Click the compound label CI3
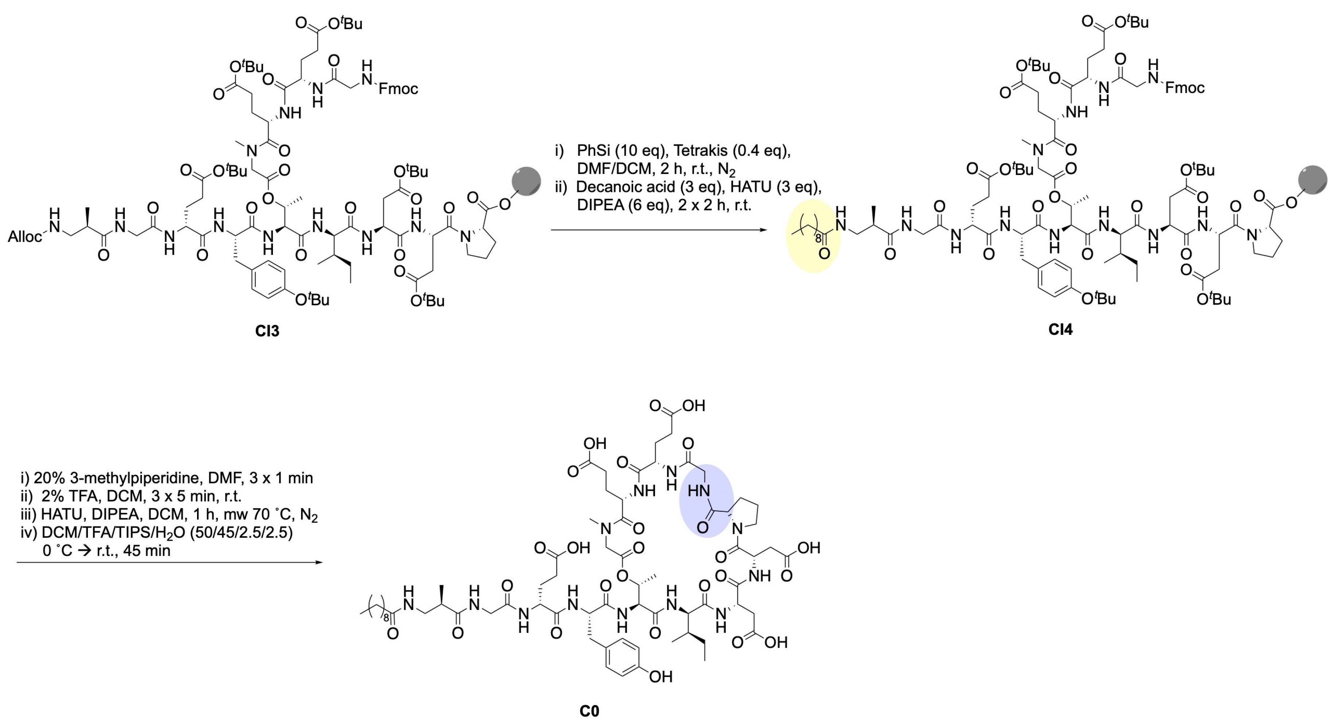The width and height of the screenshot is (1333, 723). pos(267,330)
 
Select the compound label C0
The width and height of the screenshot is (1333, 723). pos(589,711)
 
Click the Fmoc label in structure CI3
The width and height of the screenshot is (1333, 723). pos(398,89)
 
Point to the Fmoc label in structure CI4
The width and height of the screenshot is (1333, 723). pos(1184,88)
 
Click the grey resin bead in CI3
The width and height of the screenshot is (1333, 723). pos(526,181)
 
